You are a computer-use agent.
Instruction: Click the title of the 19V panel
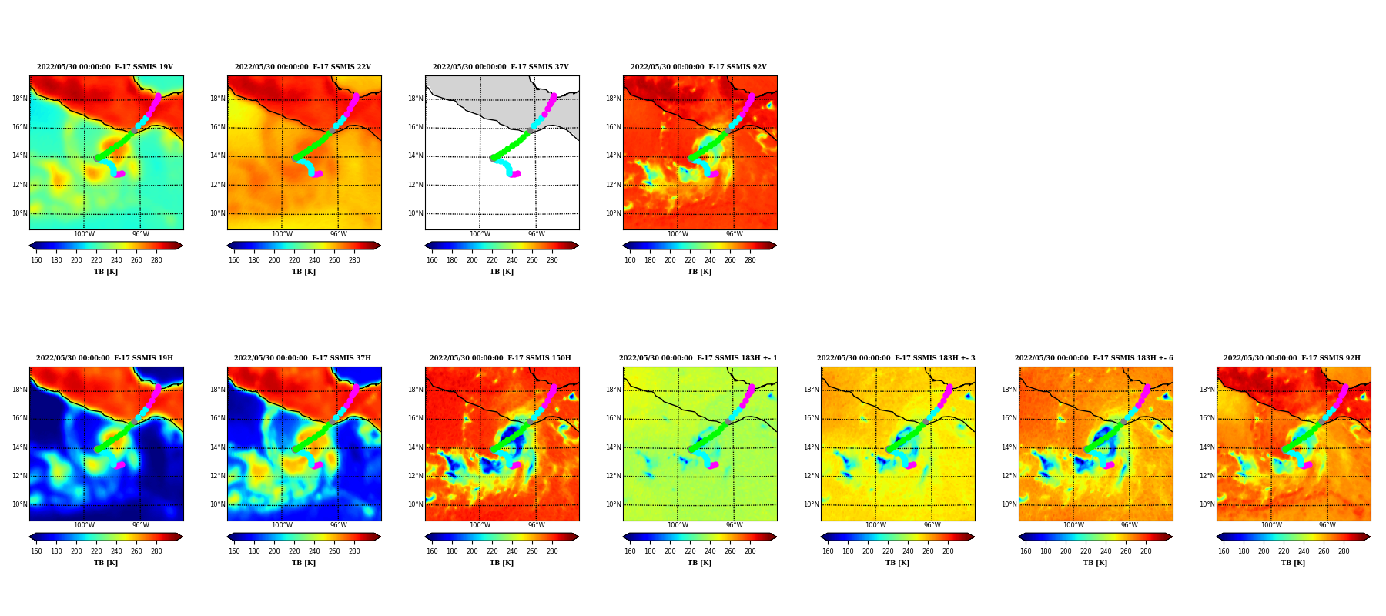[105, 67]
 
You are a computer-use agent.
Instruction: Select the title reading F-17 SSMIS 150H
[500, 358]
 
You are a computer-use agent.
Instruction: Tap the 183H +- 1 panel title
[698, 358]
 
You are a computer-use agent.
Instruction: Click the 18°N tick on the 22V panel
[218, 99]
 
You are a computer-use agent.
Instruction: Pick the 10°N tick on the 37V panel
[416, 213]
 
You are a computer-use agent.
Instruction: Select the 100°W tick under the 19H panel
[84, 526]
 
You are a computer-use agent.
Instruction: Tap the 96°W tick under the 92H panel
[1327, 526]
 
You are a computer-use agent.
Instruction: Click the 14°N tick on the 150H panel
[416, 447]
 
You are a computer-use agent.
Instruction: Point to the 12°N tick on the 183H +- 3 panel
[812, 476]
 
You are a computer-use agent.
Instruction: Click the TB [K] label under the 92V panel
[700, 272]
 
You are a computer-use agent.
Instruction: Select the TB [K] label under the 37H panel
[304, 563]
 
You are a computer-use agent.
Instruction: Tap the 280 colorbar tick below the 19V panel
[156, 260]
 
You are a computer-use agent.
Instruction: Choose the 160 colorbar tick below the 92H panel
[1224, 551]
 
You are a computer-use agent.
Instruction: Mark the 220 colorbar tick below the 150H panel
[492, 551]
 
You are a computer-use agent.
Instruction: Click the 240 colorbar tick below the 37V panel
[512, 260]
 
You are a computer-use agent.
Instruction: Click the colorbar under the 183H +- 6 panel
[1096, 537]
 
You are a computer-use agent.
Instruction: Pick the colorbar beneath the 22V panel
[304, 246]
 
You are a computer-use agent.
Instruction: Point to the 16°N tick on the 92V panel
[614, 127]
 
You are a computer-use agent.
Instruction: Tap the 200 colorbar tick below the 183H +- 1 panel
[670, 551]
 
